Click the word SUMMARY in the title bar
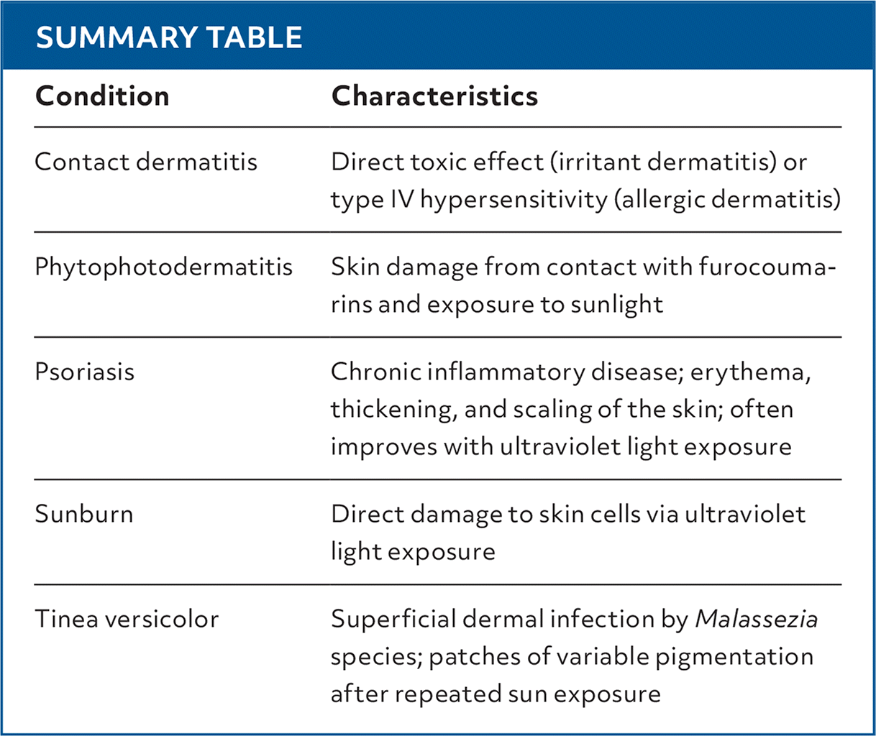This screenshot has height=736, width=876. click(117, 37)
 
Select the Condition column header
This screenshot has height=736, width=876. click(102, 96)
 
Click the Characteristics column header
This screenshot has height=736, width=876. click(434, 96)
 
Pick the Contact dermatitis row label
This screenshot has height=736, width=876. click(146, 162)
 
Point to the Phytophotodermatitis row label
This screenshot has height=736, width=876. click(164, 267)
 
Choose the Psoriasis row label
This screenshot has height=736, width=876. click(85, 372)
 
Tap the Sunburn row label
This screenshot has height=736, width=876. click(84, 514)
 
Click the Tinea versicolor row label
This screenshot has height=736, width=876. click(127, 619)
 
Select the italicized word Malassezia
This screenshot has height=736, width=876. click(757, 619)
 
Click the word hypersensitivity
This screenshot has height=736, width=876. click(514, 200)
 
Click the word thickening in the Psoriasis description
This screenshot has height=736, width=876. click(394, 410)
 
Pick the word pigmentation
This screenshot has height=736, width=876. click(734, 657)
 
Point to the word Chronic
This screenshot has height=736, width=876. click(376, 372)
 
